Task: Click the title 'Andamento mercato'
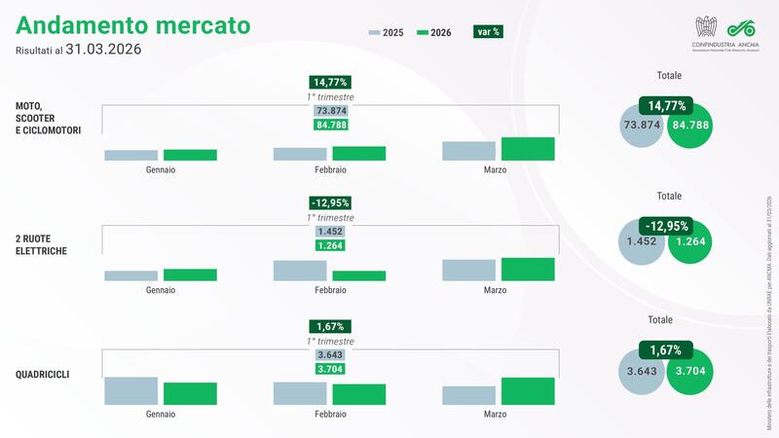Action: pyautogui.click(x=131, y=23)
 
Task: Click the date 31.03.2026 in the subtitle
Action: pyautogui.click(x=102, y=50)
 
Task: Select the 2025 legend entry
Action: pyautogui.click(x=388, y=31)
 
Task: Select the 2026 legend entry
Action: pyautogui.click(x=434, y=31)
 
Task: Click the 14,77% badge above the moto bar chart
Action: pyautogui.click(x=330, y=83)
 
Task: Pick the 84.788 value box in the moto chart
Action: pyautogui.click(x=330, y=125)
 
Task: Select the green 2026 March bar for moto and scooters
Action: pyautogui.click(x=528, y=149)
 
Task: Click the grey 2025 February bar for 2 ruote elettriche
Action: pyautogui.click(x=300, y=271)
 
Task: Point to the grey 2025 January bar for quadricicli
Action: pyautogui.click(x=130, y=390)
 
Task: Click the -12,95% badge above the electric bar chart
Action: pyautogui.click(x=330, y=203)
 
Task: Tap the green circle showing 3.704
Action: pyautogui.click(x=697, y=372)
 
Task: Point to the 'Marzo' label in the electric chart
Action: pyautogui.click(x=495, y=290)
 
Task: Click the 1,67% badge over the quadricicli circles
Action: pyautogui.click(x=665, y=349)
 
